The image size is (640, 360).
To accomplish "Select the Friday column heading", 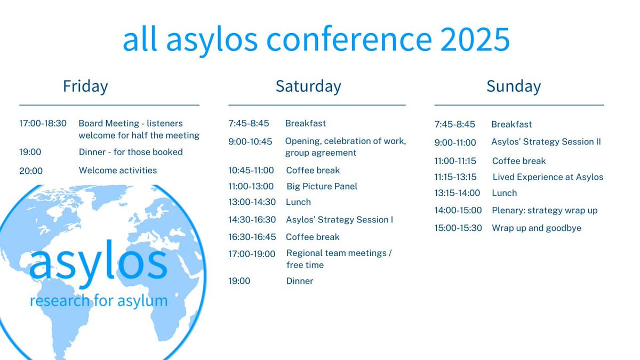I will [85, 86].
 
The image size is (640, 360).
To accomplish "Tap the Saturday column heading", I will [308, 86].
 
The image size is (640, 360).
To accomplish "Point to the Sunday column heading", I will [514, 86].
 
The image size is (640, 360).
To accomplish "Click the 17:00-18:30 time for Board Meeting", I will [43, 123].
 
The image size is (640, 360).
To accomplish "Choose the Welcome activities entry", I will [118, 171].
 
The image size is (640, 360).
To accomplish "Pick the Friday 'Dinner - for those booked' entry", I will [131, 152].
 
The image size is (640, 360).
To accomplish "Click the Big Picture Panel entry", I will [322, 186].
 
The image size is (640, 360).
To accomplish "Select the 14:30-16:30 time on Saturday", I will [252, 220].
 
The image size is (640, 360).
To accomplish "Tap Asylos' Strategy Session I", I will [339, 220].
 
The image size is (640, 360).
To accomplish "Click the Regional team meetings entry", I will [339, 253].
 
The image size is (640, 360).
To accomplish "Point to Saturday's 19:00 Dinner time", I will [239, 281].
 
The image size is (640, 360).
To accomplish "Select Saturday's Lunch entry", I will [298, 202].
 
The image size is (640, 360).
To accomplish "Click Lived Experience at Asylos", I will [548, 177].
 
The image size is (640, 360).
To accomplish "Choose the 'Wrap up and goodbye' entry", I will [537, 228].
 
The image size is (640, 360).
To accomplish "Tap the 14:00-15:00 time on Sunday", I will [458, 211].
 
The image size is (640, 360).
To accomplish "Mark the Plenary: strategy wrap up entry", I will [545, 211].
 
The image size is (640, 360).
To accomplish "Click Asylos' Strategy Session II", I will [546, 142].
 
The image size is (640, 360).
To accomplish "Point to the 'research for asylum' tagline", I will [99, 301].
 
